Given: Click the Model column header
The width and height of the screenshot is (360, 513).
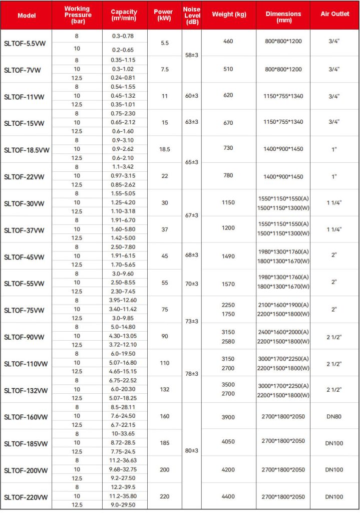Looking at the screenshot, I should coord(27,15).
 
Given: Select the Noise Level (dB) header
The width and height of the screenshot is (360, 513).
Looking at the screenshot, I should coord(191,15).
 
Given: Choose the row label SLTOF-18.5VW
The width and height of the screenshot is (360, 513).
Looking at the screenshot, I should coord(27,150).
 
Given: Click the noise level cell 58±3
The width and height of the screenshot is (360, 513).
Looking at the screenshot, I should coord(192,55).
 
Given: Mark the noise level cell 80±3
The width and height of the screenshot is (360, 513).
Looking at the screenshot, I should coord(192,450).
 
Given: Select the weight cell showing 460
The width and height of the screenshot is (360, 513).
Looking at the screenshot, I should coord(228,41).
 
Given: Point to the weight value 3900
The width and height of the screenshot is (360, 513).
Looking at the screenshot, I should coord(228,416).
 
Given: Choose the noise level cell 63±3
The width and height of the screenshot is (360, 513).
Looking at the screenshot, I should coord(192,122).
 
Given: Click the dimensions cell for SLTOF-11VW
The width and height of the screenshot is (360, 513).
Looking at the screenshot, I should coord(283,95).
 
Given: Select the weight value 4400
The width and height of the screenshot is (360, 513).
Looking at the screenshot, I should coord(228,496).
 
